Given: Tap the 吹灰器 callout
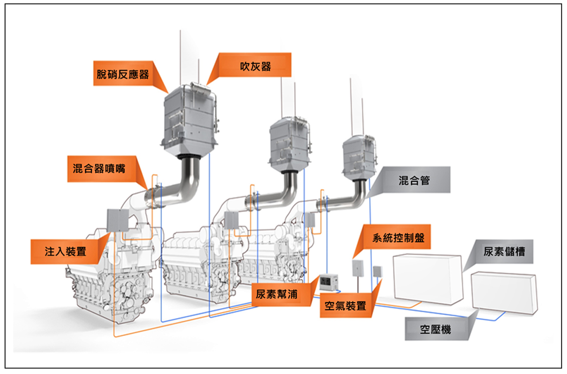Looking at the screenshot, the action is pyautogui.click(x=255, y=65).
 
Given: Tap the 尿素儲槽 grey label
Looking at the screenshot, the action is pyautogui.click(x=504, y=252).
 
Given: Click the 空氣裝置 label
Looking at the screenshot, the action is pyautogui.click(x=346, y=305).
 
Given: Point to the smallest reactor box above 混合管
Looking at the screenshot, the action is pyautogui.click(x=359, y=157).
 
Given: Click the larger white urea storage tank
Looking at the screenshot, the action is pyautogui.click(x=428, y=279).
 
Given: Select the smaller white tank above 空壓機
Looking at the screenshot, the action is pyautogui.click(x=504, y=293).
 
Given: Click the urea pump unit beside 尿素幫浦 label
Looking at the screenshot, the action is pyautogui.click(x=329, y=282).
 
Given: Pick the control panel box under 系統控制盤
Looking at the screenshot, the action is pyautogui.click(x=357, y=268).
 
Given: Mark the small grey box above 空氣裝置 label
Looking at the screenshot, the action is pyautogui.click(x=377, y=271).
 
